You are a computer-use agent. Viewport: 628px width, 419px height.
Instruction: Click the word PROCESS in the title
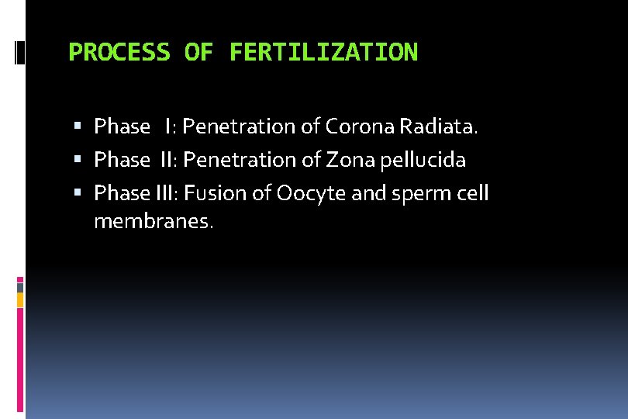[x=119, y=53]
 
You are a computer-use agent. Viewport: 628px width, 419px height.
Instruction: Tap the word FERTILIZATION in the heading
[x=323, y=53]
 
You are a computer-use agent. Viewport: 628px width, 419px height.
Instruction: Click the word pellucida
[x=424, y=160]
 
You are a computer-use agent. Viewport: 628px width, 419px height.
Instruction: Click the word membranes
[x=153, y=222]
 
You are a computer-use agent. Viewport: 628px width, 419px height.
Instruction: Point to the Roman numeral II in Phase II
[x=167, y=160]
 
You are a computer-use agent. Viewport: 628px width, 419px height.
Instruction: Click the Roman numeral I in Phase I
[x=167, y=126]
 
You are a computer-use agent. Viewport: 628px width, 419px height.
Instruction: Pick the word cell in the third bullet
[x=473, y=193]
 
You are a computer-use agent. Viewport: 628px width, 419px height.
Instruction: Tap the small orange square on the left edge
[x=20, y=299]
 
